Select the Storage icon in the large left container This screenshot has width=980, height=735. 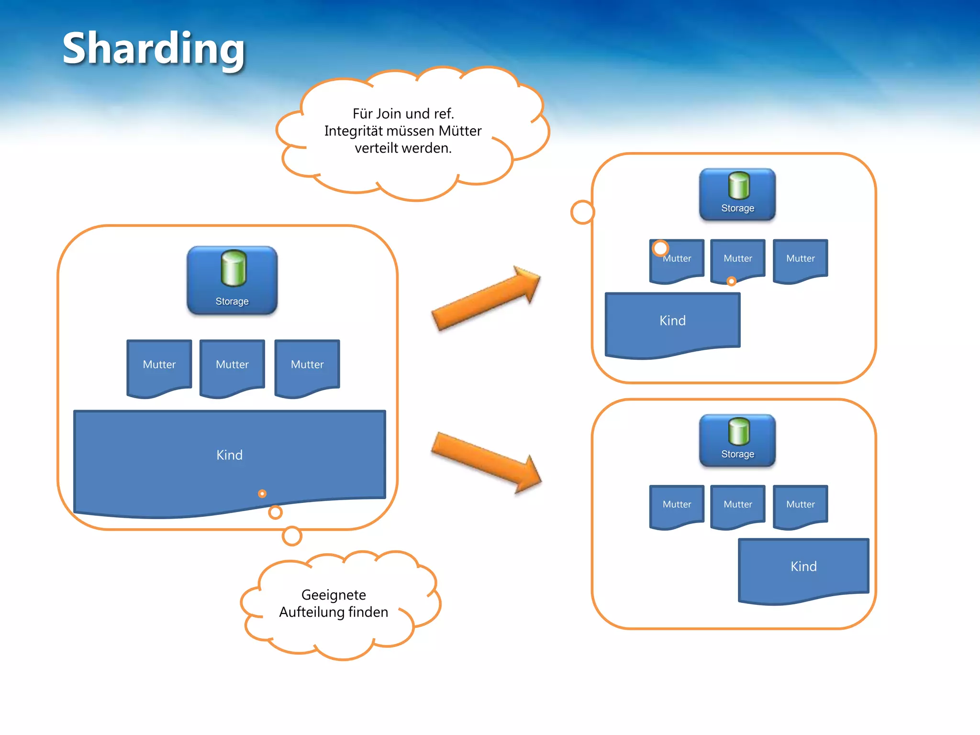(232, 280)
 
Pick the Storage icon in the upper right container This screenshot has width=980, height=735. (737, 194)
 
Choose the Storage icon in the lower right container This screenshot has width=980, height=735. (737, 440)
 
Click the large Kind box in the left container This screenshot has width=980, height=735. (229, 455)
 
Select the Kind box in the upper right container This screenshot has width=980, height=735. (672, 321)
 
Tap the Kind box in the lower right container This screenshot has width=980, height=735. (803, 567)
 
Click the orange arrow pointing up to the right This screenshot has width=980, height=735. (486, 298)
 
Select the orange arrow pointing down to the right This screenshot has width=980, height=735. (486, 462)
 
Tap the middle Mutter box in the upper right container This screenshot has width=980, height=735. (738, 259)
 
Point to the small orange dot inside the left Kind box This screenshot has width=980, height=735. (262, 493)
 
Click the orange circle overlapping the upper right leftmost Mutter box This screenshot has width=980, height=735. (660, 248)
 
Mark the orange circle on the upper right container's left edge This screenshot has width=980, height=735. (582, 212)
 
